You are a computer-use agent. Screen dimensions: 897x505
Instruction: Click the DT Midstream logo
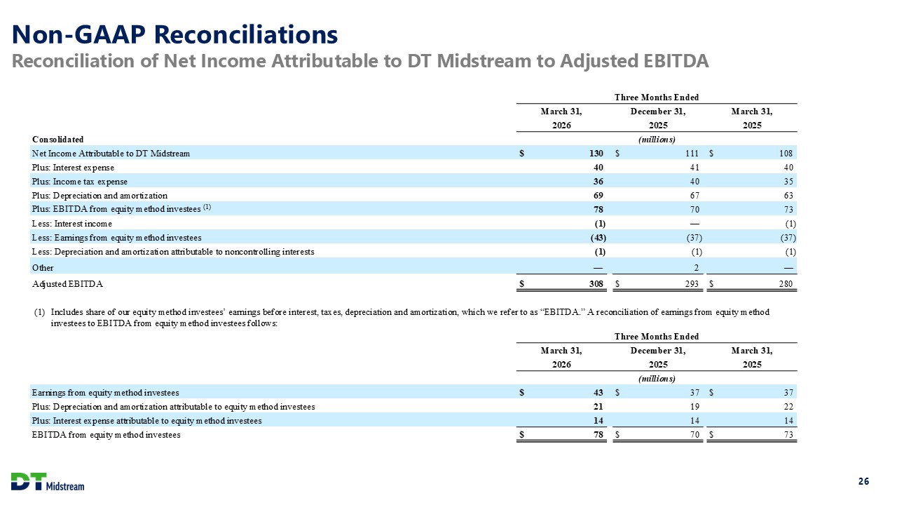click(48, 481)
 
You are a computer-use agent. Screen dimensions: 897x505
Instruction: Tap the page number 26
click(864, 481)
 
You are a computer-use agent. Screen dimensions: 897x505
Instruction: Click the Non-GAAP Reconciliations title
click(174, 34)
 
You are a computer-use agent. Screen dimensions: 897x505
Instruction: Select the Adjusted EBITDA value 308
click(596, 284)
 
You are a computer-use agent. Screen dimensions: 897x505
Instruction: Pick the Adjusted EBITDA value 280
click(786, 284)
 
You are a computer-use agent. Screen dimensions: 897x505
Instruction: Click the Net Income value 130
click(596, 153)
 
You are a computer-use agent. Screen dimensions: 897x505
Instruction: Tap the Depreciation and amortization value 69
click(598, 196)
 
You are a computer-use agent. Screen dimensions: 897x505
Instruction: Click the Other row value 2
click(697, 268)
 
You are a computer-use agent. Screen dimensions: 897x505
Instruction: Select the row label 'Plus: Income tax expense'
click(80, 182)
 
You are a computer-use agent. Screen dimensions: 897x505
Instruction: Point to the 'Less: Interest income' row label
click(72, 224)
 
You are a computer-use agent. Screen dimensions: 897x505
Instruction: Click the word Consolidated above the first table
click(57, 140)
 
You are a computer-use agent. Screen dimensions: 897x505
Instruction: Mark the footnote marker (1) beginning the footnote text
click(40, 312)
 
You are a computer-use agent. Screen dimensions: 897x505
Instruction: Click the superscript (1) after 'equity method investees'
click(207, 208)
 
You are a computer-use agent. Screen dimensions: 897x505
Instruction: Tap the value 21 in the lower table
click(598, 406)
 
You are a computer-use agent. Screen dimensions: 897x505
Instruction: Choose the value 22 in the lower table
click(788, 406)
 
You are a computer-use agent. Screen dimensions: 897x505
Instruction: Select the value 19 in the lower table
click(694, 406)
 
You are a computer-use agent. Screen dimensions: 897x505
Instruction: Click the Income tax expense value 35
click(788, 182)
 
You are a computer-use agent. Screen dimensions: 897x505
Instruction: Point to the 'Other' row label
click(43, 268)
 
